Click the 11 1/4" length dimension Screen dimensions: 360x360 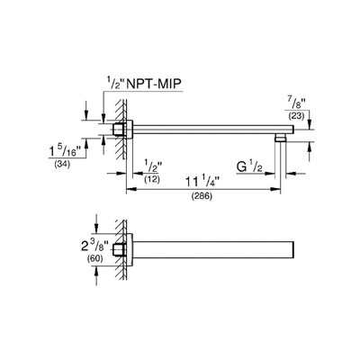(x=202, y=182)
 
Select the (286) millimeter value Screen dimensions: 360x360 (x=202, y=197)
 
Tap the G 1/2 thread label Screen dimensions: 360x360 (x=249, y=167)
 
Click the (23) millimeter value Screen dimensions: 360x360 (x=296, y=116)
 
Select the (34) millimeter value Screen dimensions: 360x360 (x=62, y=165)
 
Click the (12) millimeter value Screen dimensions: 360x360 (x=152, y=180)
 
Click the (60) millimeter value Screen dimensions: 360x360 (x=94, y=258)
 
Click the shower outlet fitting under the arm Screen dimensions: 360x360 (x=281, y=138)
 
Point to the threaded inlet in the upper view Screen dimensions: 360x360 (x=118, y=130)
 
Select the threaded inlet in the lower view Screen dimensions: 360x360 (x=118, y=250)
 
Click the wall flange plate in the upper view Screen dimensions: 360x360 (x=130, y=130)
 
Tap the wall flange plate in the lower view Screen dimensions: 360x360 (x=130, y=249)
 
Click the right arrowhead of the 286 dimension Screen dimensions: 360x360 (x=276, y=189)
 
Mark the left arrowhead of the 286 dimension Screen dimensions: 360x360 (x=130, y=189)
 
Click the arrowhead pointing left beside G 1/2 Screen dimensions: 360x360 (x=291, y=173)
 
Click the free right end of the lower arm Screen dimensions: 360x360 (x=293, y=249)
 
